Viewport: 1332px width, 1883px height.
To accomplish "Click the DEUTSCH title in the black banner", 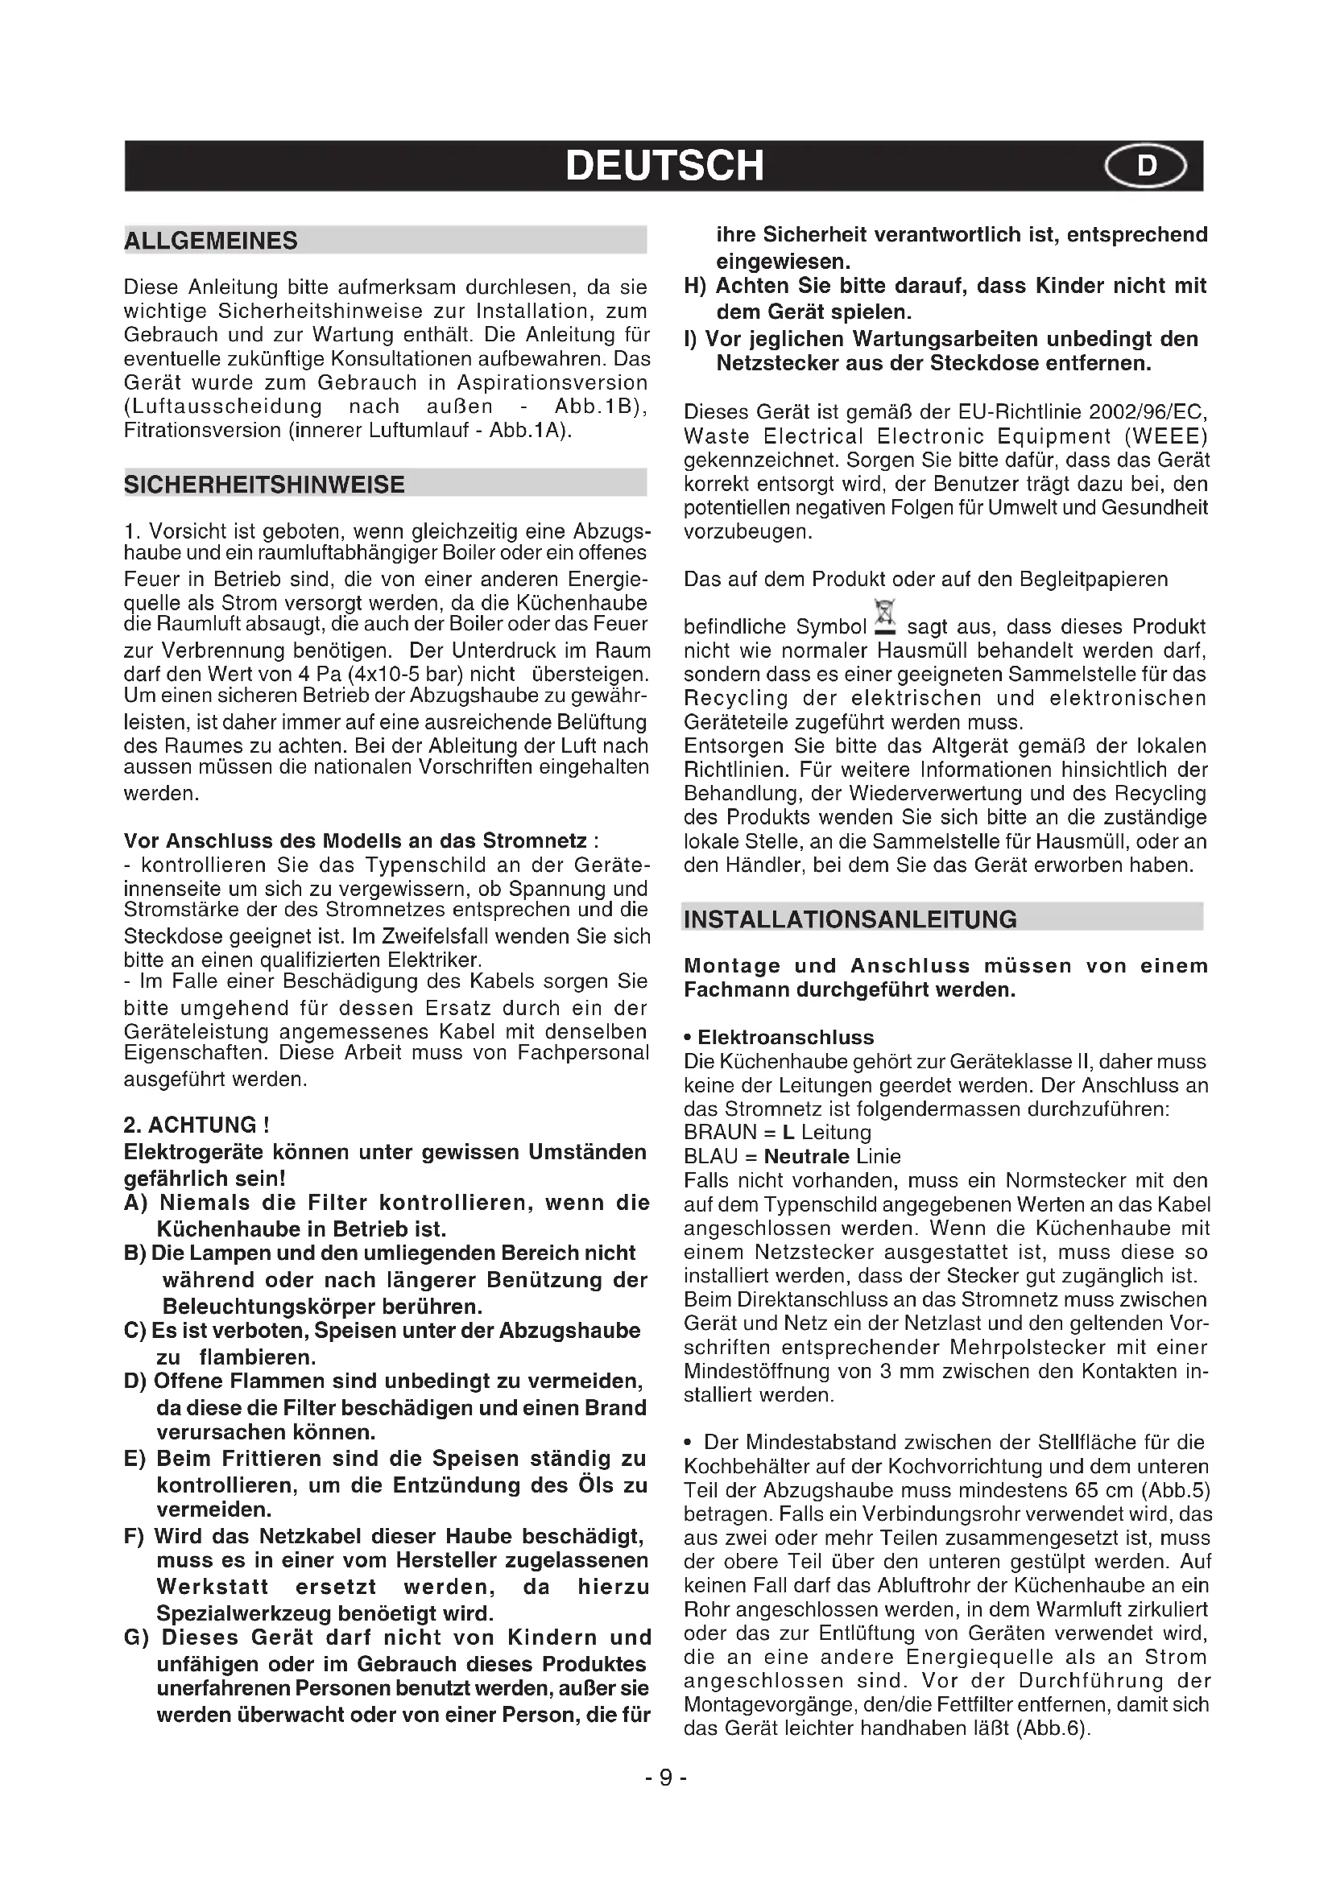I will click(664, 165).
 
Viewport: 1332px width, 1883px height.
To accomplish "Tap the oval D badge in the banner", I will click(1145, 167).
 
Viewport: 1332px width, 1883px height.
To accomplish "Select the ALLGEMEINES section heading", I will click(211, 242).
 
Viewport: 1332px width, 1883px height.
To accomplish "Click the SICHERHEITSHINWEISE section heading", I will click(264, 485).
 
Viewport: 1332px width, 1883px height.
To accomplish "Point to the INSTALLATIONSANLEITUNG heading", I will click(850, 919).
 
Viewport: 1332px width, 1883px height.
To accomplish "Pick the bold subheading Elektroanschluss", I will click(785, 1038).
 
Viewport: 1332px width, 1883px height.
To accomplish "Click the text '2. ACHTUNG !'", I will click(196, 1125).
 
